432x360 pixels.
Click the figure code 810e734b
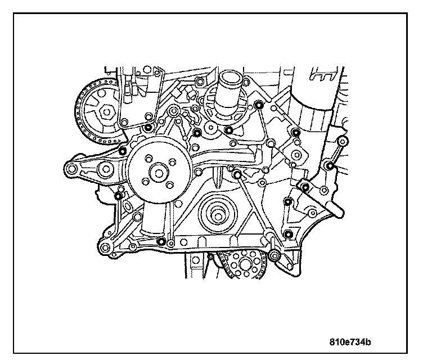(353, 340)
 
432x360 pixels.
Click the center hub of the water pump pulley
(157, 172)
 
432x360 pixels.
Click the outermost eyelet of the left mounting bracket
(70, 169)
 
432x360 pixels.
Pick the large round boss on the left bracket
(105, 169)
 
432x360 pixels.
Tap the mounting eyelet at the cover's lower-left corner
(104, 247)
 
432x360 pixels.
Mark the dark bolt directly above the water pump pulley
(148, 129)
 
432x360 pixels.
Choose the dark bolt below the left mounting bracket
(118, 195)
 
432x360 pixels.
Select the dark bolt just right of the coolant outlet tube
(259, 105)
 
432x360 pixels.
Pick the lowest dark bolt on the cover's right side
(289, 234)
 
